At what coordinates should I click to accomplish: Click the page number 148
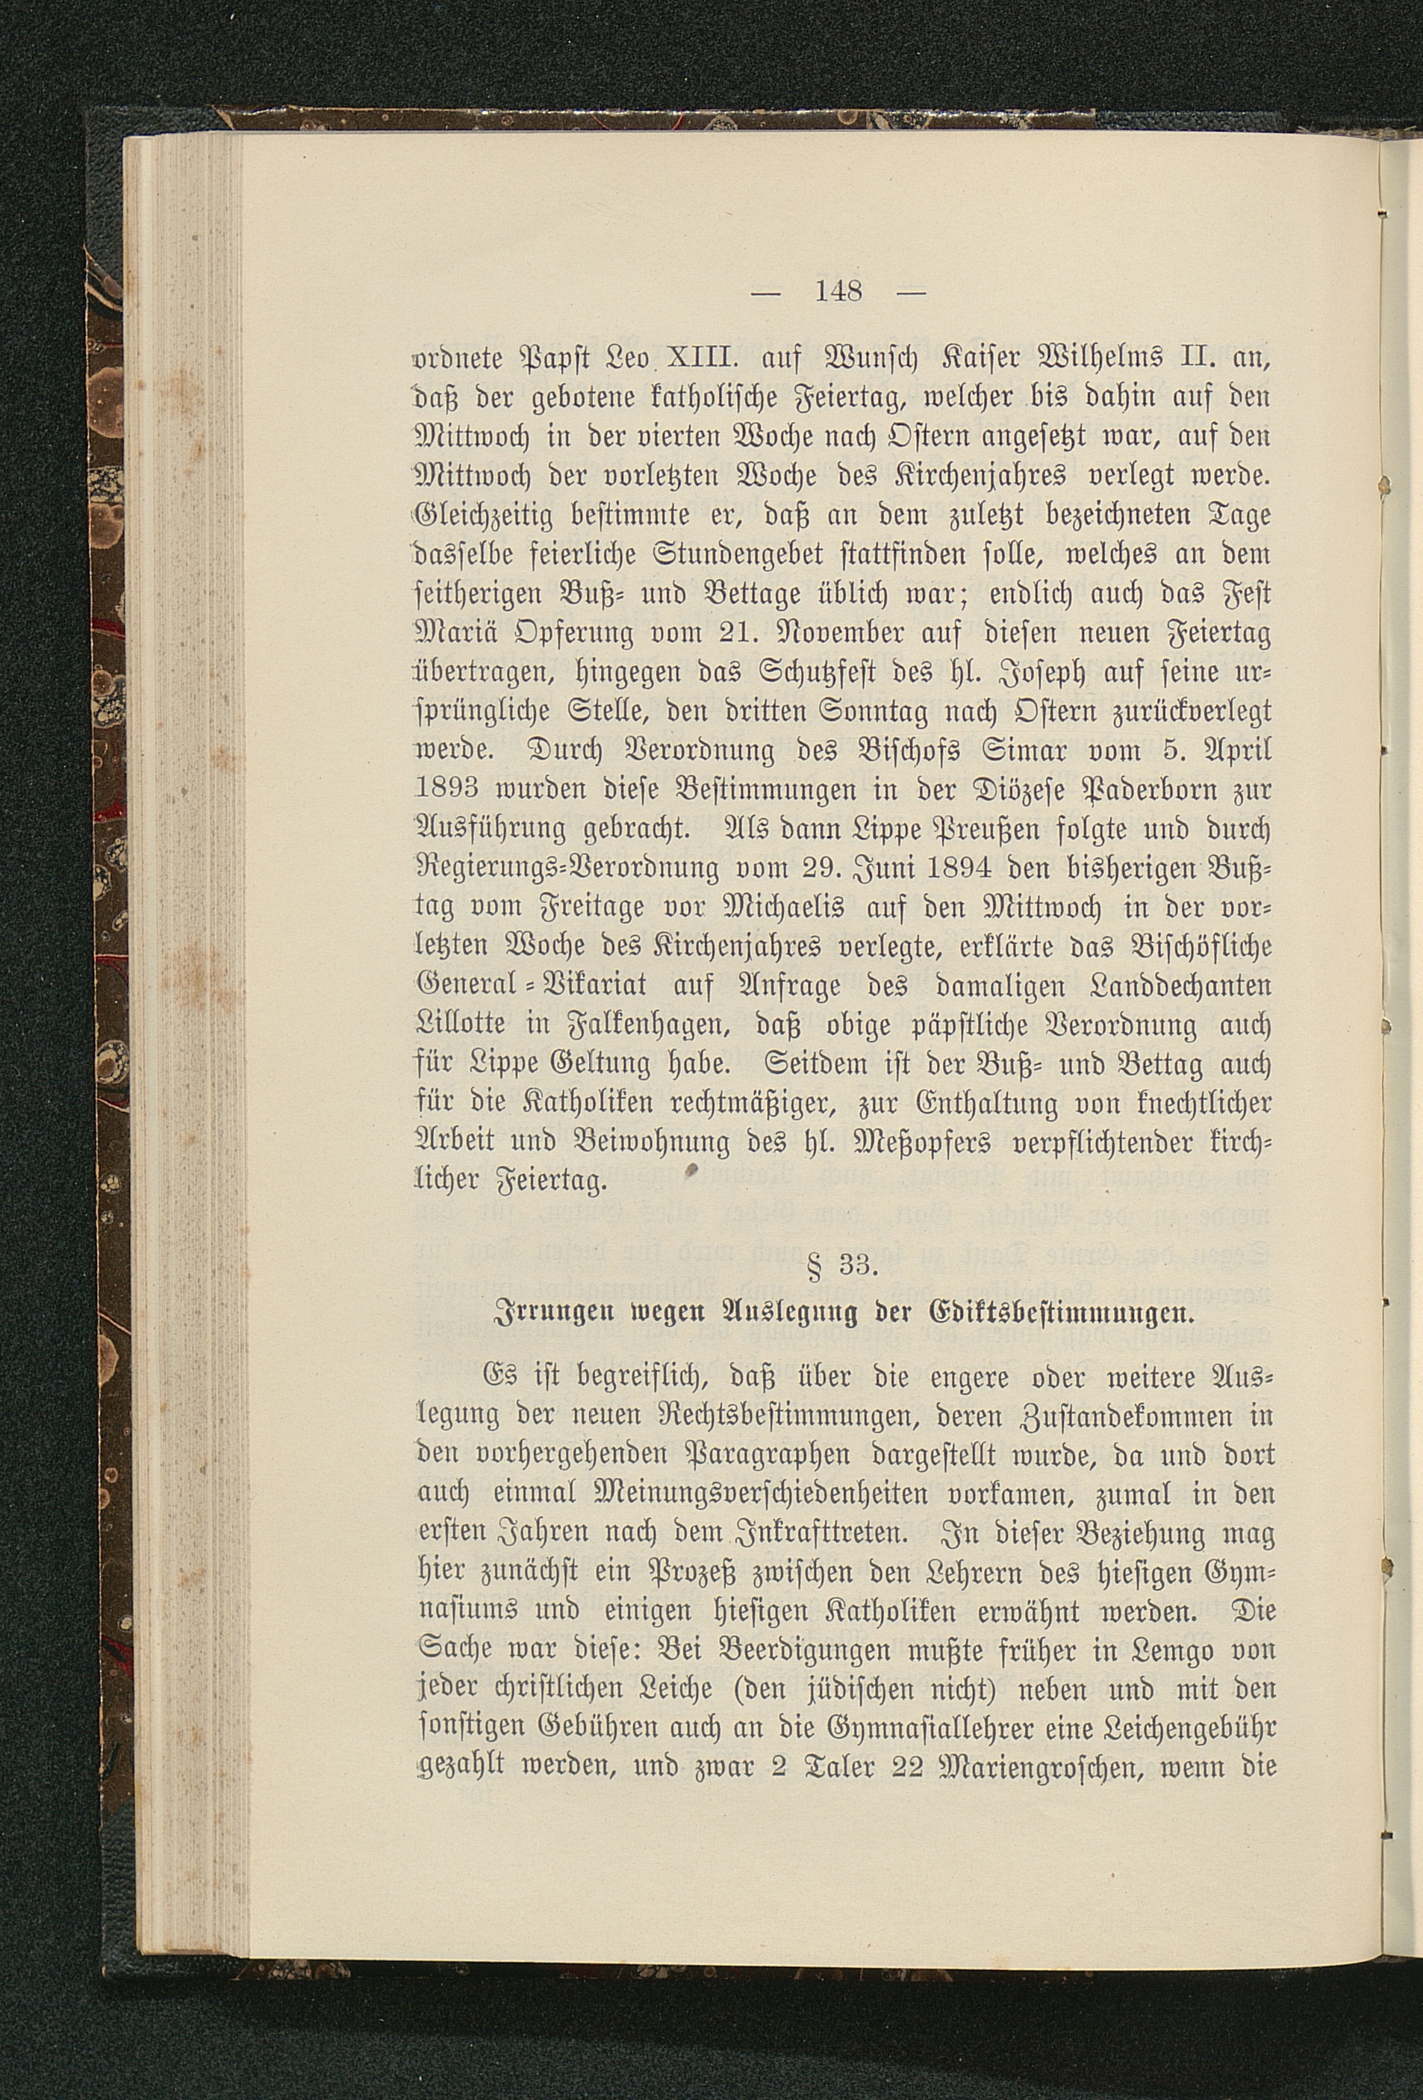click(x=840, y=291)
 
